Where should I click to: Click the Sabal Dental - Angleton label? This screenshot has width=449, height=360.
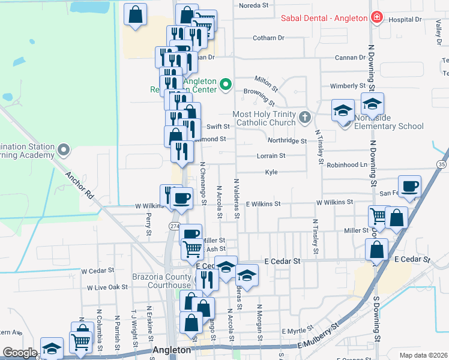324,18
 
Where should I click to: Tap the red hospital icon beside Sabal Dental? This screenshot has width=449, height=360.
376,17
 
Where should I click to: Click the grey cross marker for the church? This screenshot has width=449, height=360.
305,116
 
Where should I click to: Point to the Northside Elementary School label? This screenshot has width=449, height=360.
388,122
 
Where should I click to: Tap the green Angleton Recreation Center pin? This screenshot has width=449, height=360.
226,85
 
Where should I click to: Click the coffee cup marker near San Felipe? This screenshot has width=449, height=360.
410,187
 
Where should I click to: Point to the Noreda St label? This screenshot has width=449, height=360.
253,5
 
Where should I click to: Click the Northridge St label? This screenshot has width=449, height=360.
287,141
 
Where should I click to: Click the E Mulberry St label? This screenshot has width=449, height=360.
319,337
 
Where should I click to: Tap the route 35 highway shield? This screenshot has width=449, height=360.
442,164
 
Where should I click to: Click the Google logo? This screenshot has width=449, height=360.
20,353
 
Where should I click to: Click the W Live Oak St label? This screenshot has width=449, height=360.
107,287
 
